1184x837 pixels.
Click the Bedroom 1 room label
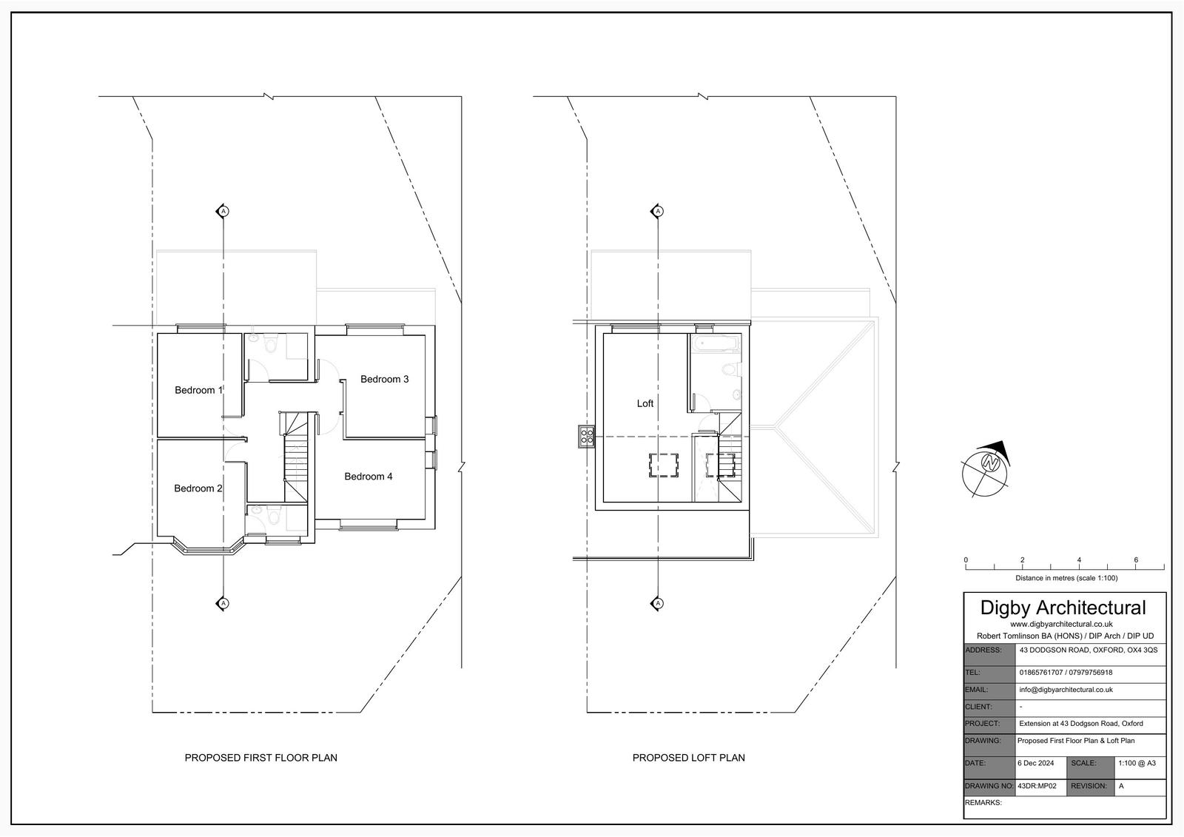click(x=199, y=390)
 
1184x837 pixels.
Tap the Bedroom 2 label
click(x=198, y=488)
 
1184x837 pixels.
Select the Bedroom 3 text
click(x=384, y=379)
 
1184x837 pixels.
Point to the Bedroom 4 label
click(x=369, y=477)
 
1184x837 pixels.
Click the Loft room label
click(x=645, y=403)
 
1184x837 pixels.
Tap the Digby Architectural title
click(x=1063, y=608)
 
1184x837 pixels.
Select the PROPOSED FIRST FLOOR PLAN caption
click(x=260, y=758)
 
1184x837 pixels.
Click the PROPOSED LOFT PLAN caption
click(x=689, y=758)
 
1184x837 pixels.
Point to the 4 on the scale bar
click(x=1079, y=560)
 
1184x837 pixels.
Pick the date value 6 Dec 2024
click(x=1035, y=763)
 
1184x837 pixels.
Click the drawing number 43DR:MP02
click(x=1037, y=786)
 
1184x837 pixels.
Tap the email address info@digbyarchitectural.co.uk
click(x=1066, y=690)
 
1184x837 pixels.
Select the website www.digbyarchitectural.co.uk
click(x=1063, y=625)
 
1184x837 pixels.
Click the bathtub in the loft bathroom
click(x=717, y=343)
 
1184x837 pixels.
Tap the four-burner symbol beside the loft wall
click(x=587, y=436)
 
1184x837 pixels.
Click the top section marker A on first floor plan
click(x=223, y=212)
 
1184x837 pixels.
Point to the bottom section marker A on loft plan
click(x=658, y=603)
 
